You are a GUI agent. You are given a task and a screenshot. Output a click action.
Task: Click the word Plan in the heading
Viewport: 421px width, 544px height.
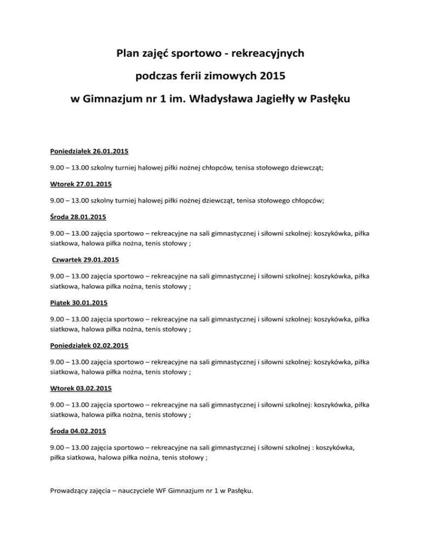128,54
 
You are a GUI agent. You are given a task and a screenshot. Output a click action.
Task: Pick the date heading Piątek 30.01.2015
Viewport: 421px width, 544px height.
75,302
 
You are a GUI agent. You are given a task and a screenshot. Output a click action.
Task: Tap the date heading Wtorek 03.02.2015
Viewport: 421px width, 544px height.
76,389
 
